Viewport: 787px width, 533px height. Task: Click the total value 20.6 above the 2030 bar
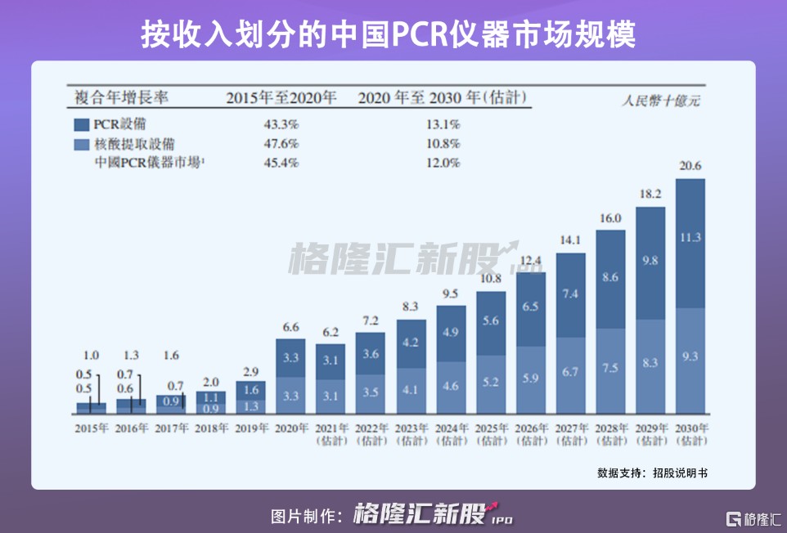coord(690,166)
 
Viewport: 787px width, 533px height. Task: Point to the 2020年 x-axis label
coord(290,428)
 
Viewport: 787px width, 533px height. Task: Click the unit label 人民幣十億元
coord(660,102)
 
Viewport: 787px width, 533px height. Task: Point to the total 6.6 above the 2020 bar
coord(290,327)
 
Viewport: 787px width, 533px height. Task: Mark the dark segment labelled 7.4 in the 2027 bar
coord(570,294)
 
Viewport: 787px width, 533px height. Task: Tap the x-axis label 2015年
coord(92,428)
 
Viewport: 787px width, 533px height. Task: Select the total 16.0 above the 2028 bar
coord(610,218)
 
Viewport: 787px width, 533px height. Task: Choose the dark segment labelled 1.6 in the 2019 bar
coord(250,390)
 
